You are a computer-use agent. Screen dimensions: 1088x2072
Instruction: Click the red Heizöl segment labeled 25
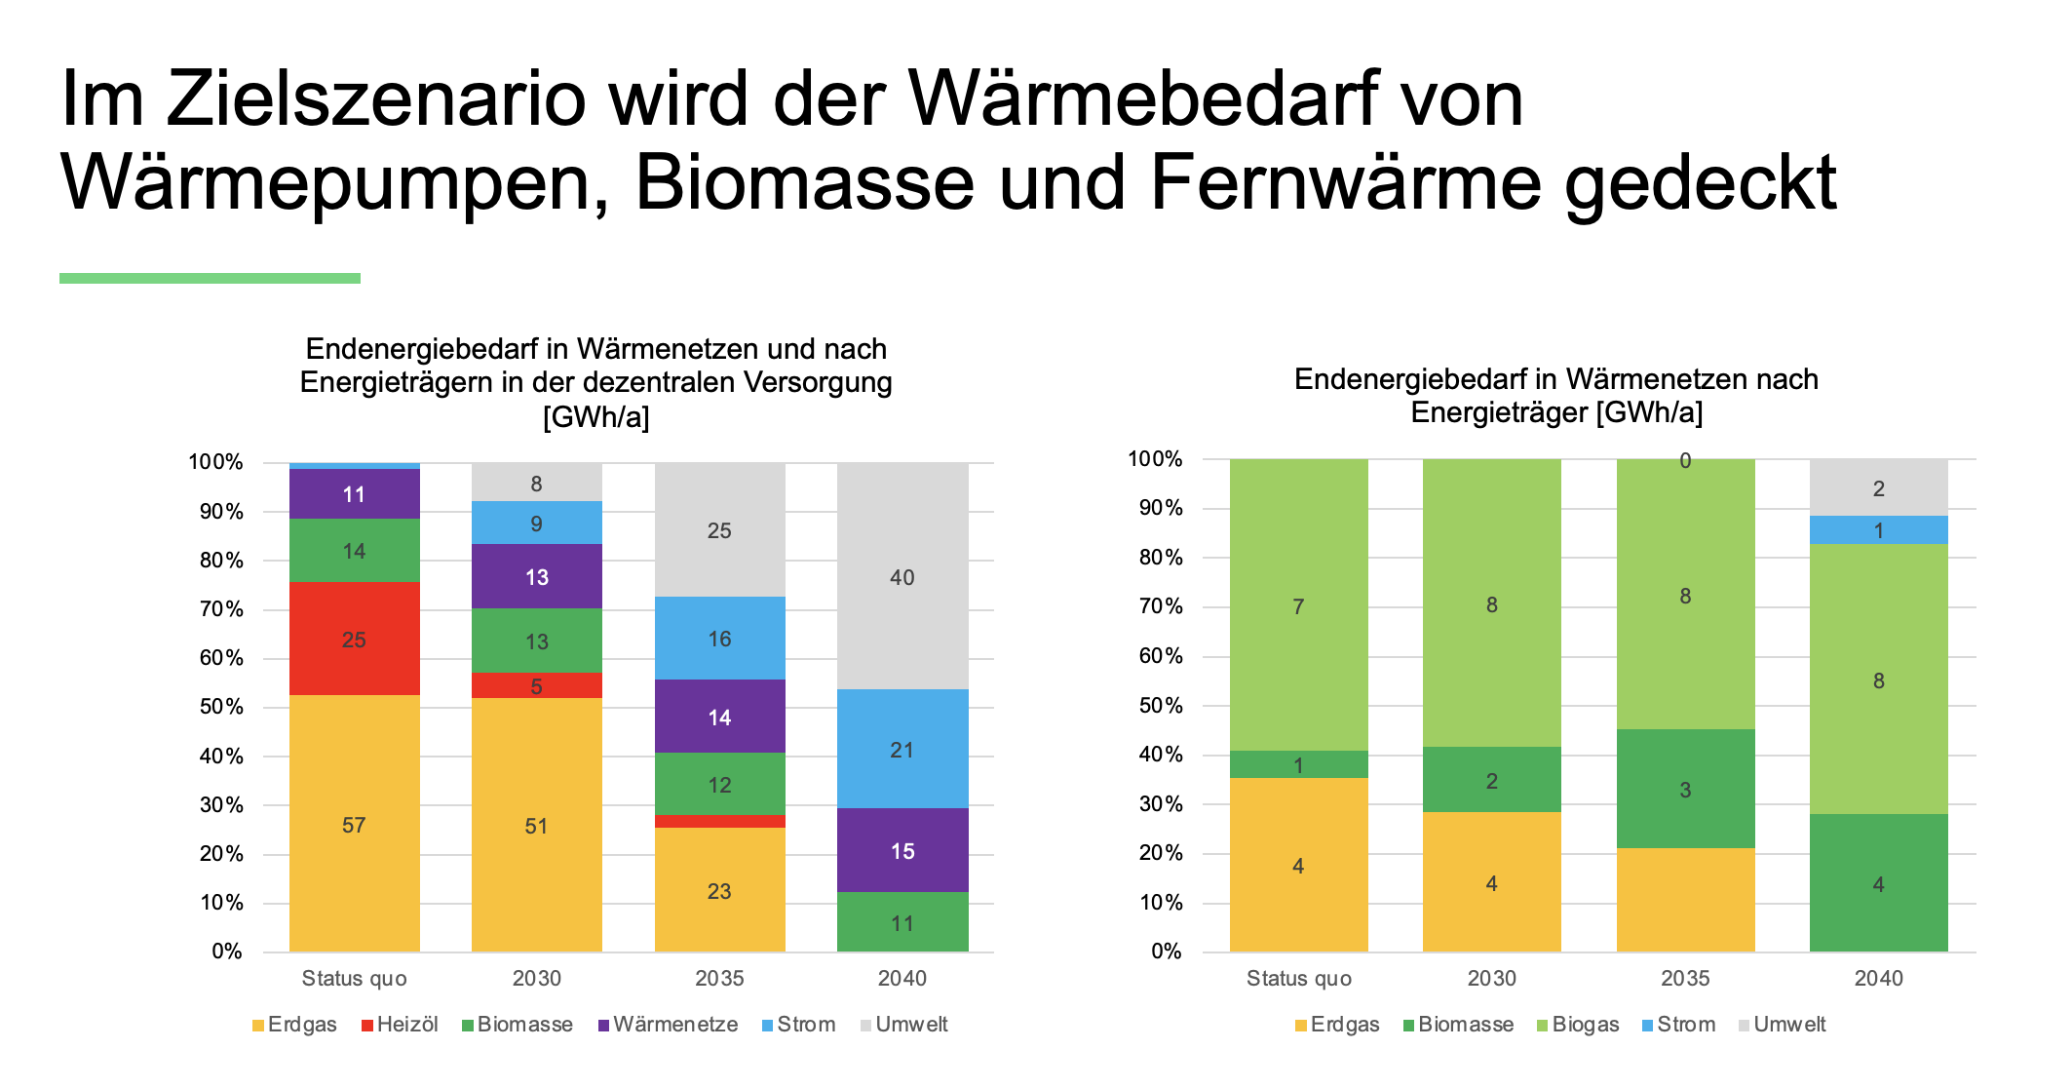click(x=354, y=639)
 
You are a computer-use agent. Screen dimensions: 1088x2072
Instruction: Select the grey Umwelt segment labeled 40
click(x=902, y=576)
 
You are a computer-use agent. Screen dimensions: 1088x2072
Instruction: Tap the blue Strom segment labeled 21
click(x=902, y=749)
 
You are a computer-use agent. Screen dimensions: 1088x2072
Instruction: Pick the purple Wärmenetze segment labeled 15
click(x=902, y=850)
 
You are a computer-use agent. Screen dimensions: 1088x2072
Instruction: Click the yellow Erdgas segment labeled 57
click(x=354, y=824)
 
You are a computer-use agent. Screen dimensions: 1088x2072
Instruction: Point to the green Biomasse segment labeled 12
click(x=719, y=784)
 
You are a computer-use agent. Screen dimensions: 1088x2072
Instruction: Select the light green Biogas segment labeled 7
click(x=1298, y=605)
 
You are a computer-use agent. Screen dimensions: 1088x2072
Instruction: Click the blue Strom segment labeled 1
click(x=1878, y=530)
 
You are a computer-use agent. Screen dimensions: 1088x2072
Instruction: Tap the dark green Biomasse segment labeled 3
click(x=1685, y=789)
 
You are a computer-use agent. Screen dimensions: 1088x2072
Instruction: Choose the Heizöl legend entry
click(x=400, y=1025)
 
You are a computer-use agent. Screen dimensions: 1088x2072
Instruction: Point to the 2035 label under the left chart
click(x=719, y=978)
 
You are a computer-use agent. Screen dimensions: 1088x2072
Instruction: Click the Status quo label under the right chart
click(x=1298, y=978)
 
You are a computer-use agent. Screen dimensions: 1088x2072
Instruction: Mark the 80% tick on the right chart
click(x=1161, y=558)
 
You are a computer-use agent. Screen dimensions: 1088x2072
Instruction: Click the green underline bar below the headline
click(x=210, y=279)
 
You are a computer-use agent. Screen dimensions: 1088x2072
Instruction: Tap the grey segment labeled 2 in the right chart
click(x=1878, y=487)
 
